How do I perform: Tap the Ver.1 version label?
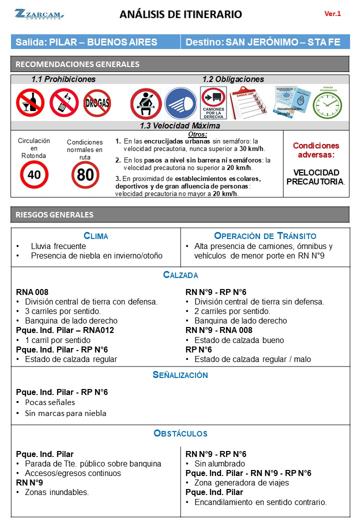click(x=332, y=14)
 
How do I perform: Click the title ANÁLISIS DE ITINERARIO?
click(x=180, y=14)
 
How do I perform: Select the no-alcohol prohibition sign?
click(x=30, y=102)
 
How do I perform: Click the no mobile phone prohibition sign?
click(x=63, y=102)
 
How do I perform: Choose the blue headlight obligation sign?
click(x=180, y=103)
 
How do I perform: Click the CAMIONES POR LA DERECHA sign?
click(x=213, y=102)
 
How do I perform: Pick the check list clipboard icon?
click(x=248, y=102)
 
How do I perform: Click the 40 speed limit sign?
click(x=34, y=174)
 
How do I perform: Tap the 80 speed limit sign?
click(x=85, y=175)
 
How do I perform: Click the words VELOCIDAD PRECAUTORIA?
click(x=316, y=177)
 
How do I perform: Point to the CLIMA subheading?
click(x=96, y=236)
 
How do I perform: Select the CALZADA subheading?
click(x=180, y=275)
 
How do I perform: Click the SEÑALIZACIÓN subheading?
click(x=180, y=375)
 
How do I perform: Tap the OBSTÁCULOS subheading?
click(x=180, y=433)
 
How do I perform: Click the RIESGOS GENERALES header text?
click(x=54, y=214)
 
